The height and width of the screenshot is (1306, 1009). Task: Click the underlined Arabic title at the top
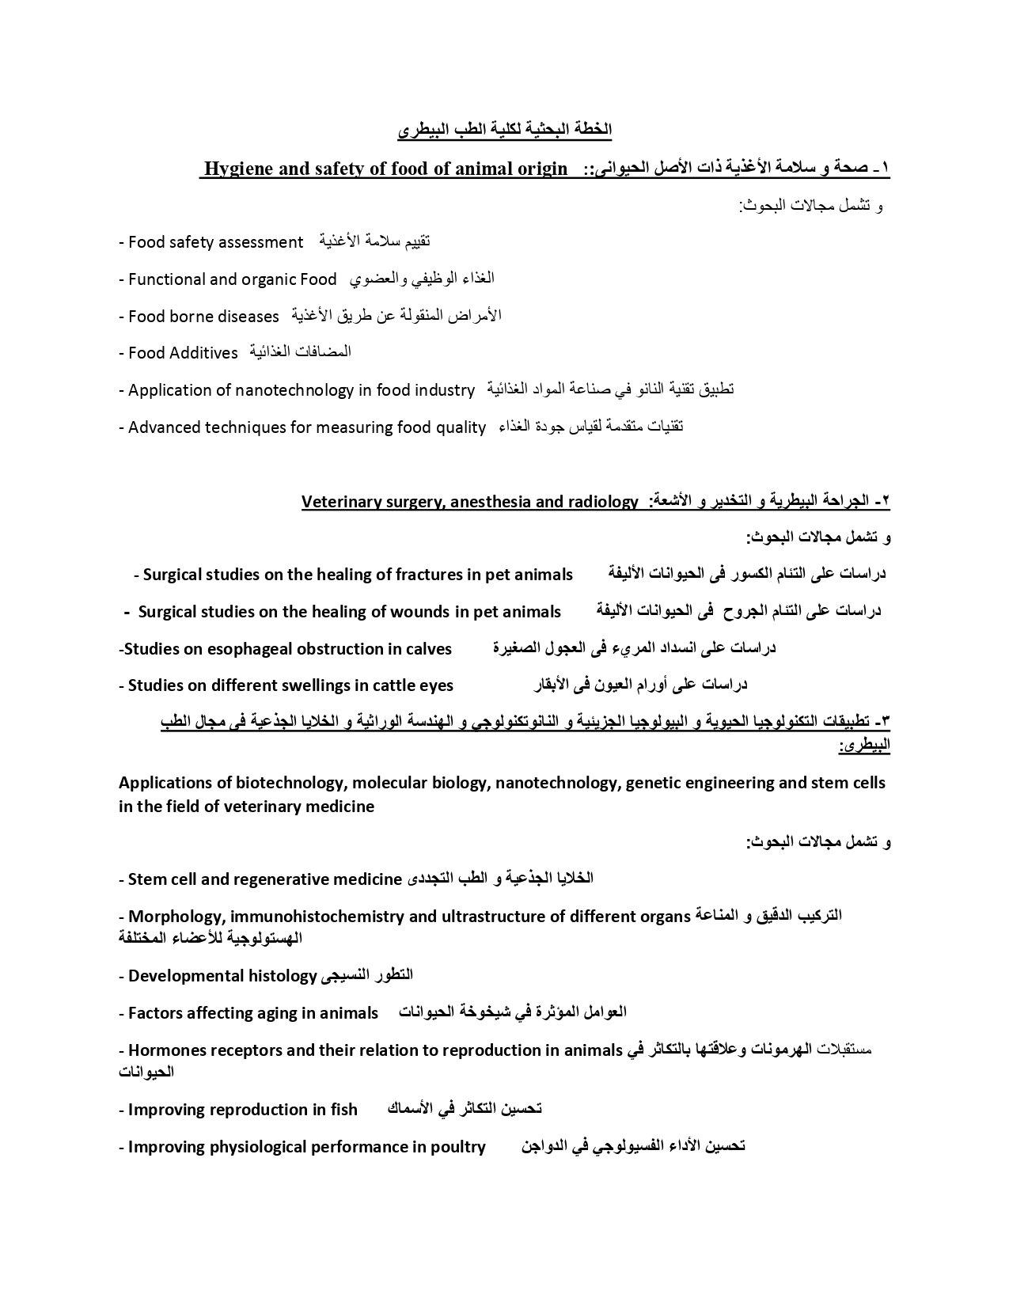504,129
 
